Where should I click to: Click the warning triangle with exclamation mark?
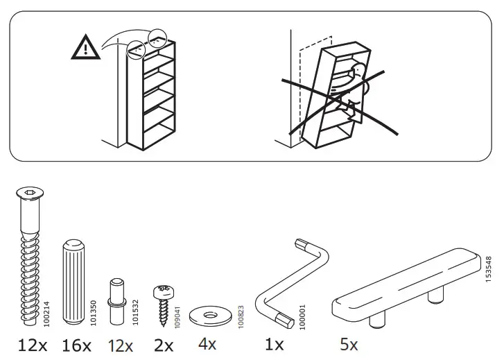(83, 46)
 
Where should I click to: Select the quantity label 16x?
(76, 344)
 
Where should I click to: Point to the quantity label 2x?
(163, 344)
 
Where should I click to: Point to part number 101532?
(136, 309)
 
